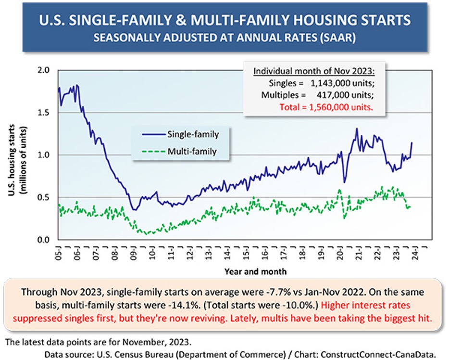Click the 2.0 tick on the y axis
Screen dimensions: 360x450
tap(43, 70)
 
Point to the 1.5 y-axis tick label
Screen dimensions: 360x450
tap(43, 113)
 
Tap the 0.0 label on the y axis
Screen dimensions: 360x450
tap(43, 240)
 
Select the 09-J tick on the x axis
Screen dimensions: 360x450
tap(133, 252)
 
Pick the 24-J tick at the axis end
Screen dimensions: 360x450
tap(414, 252)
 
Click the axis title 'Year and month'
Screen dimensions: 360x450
tap(255, 271)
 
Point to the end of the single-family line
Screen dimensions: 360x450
tap(412, 143)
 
